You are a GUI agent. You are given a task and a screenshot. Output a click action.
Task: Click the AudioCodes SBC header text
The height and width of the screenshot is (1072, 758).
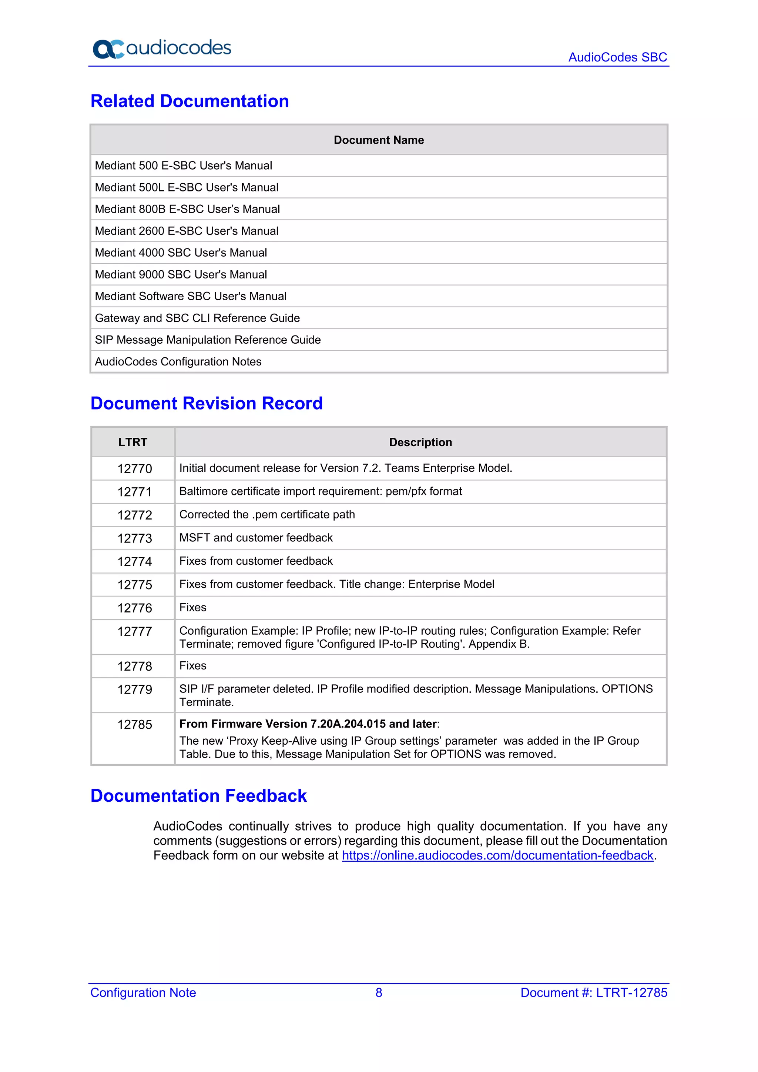pos(617,57)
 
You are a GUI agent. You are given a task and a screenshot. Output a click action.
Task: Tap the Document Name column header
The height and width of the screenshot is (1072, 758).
pos(379,140)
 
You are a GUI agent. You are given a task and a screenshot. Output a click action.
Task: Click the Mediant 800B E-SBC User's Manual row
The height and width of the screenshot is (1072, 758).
pos(187,209)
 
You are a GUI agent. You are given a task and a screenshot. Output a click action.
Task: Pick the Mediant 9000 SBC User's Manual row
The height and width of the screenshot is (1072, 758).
pos(181,274)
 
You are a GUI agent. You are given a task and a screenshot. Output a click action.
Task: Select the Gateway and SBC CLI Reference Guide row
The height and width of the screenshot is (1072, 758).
pos(197,318)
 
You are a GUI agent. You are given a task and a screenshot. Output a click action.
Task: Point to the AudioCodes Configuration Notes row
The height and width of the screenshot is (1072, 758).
pos(178,361)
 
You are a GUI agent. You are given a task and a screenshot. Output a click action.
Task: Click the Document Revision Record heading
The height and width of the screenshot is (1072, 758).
pos(206,403)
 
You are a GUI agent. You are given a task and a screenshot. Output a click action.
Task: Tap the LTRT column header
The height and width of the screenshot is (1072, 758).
pos(133,442)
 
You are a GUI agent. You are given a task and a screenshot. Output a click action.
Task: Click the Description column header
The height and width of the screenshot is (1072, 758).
pos(420,442)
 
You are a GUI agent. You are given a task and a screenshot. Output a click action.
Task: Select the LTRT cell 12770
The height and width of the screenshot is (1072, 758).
pos(134,468)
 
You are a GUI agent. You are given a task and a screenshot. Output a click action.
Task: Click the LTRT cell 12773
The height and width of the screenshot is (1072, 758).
pos(134,538)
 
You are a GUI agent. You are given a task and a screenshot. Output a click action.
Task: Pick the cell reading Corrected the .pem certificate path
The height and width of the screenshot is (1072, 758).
pos(267,514)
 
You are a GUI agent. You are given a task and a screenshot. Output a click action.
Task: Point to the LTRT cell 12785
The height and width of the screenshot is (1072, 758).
pos(134,725)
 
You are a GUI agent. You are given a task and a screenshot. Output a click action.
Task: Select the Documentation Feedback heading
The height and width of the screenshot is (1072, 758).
pos(198,796)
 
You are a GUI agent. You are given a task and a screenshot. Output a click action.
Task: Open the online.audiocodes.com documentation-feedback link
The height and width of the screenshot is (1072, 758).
pos(497,855)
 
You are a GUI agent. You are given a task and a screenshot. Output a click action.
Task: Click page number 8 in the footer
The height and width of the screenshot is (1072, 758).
pos(379,993)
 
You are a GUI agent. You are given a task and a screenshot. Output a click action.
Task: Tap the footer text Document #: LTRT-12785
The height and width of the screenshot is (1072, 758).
pos(593,993)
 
